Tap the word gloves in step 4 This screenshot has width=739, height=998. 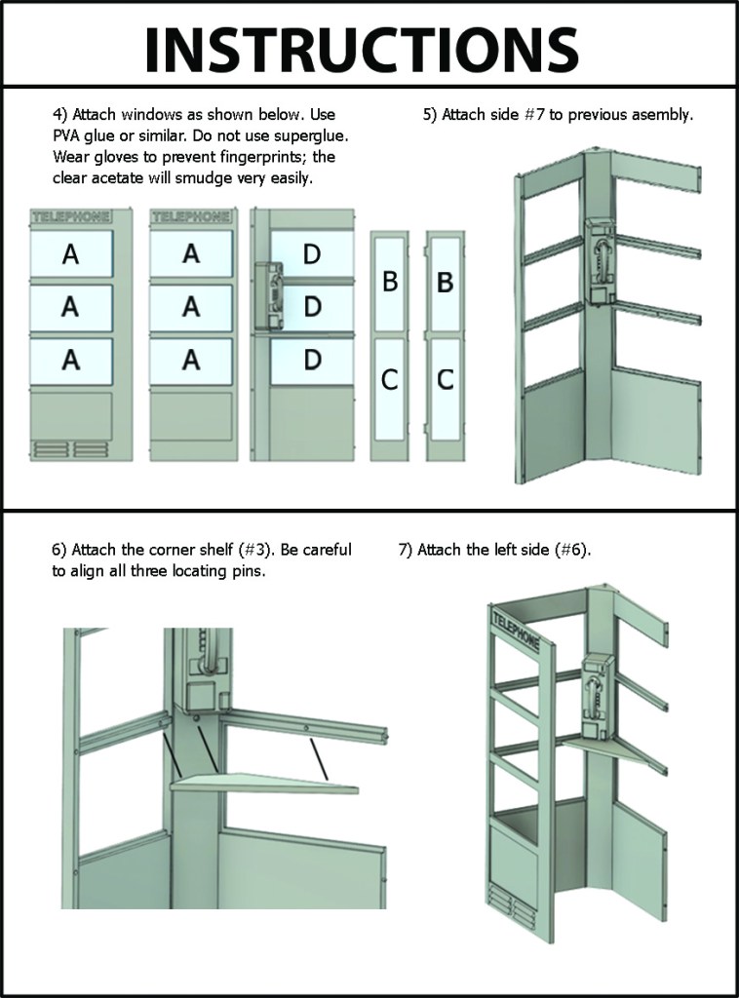(x=113, y=157)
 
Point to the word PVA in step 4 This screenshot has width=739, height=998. (x=66, y=135)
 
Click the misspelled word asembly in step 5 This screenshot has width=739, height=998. (x=665, y=115)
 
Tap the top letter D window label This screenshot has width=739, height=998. (x=312, y=254)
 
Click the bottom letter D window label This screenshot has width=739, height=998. (x=312, y=360)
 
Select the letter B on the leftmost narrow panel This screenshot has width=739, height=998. (x=390, y=281)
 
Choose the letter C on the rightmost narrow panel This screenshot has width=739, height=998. (x=446, y=379)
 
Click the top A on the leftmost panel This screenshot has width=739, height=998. (x=70, y=254)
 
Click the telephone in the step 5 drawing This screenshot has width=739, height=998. (x=599, y=261)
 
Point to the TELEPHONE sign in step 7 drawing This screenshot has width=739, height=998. (x=516, y=631)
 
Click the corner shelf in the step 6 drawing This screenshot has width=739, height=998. (x=264, y=785)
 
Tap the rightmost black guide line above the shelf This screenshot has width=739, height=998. (x=319, y=759)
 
